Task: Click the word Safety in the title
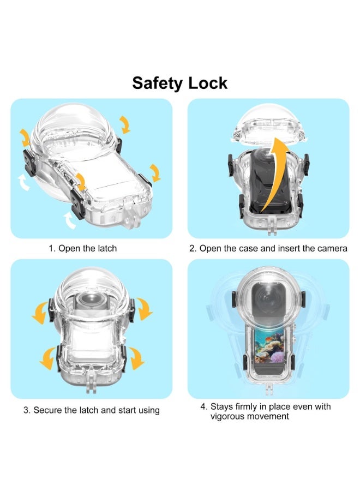157,83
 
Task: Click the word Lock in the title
208,83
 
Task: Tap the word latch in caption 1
107,248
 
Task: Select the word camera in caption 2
332,249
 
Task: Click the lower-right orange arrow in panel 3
136,358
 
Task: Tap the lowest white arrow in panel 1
70,220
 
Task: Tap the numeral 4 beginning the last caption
203,407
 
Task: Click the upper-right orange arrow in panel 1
125,124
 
